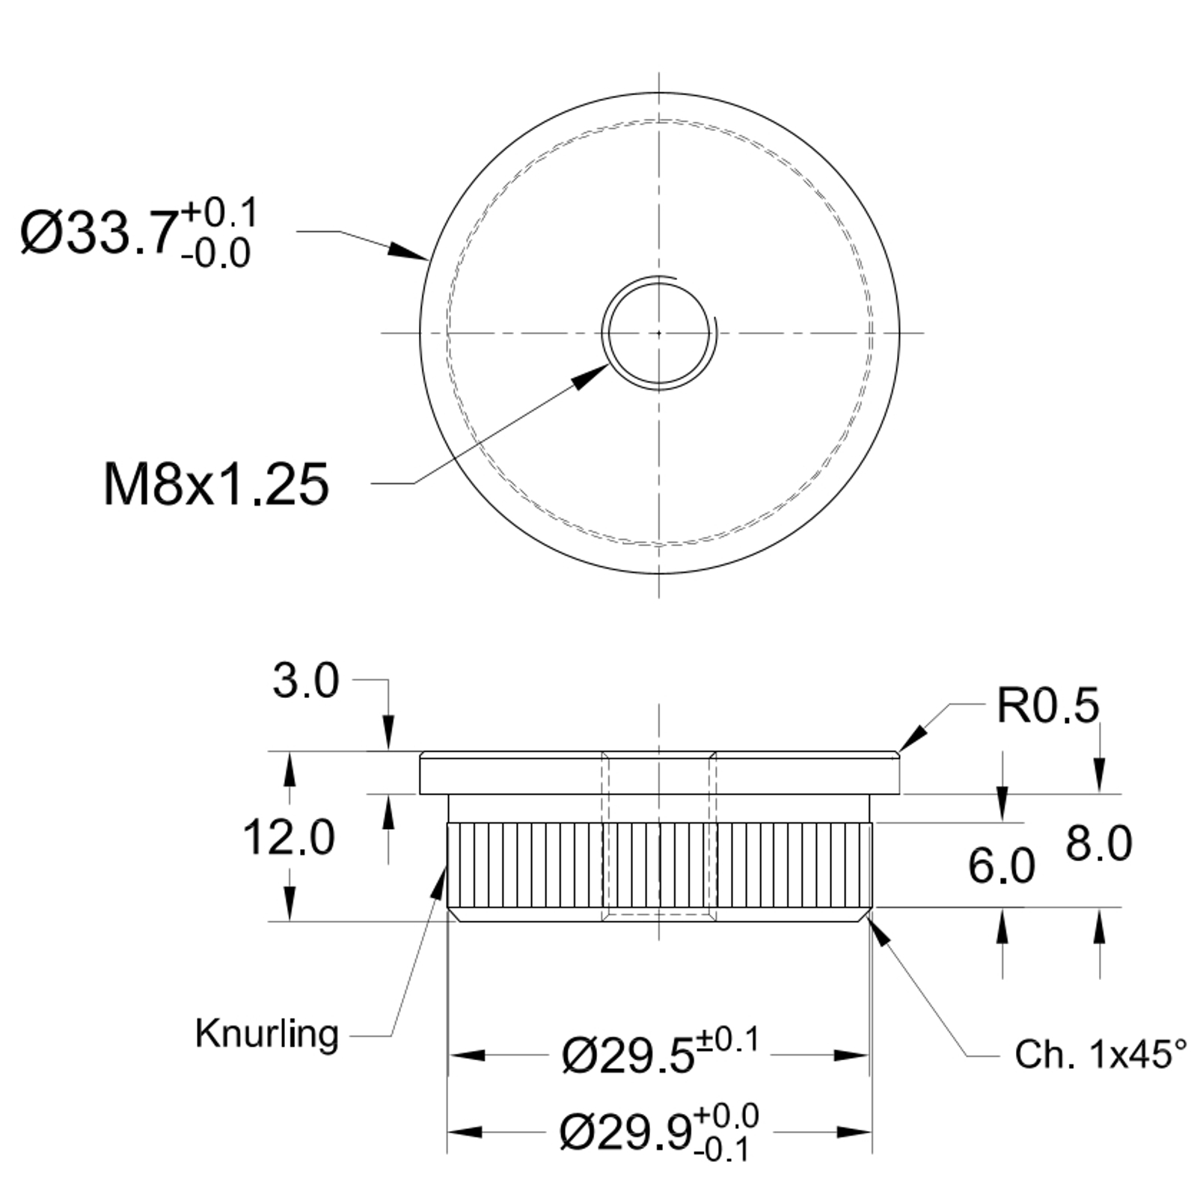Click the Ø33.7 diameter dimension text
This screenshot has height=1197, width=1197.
tap(101, 233)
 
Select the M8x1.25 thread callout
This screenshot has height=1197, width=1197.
tap(215, 485)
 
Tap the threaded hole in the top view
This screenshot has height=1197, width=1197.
tap(658, 332)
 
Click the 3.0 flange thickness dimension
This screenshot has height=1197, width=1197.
tap(305, 682)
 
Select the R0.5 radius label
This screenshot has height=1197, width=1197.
tap(1047, 705)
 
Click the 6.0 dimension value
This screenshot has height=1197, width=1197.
tap(1001, 866)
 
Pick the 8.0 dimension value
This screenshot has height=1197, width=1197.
tap(1098, 844)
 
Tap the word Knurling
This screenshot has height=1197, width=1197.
tap(266, 1034)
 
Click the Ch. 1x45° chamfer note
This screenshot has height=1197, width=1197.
tap(1100, 1054)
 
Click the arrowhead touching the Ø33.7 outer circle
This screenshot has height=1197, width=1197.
tap(410, 251)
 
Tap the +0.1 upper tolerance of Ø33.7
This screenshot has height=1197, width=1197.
tap(219, 213)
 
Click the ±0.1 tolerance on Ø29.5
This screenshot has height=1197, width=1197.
tap(728, 1040)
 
